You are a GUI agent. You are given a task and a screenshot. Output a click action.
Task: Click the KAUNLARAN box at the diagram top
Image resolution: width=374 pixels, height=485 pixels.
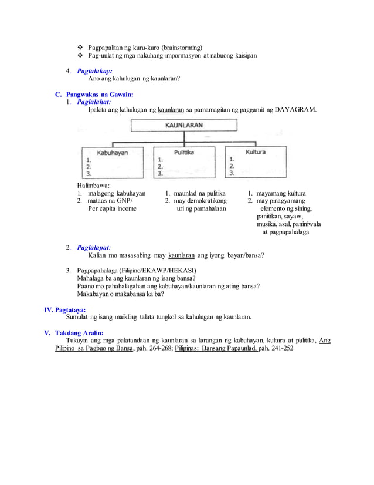click(184, 125)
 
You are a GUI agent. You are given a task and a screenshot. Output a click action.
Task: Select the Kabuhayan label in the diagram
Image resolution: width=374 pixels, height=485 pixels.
click(112, 152)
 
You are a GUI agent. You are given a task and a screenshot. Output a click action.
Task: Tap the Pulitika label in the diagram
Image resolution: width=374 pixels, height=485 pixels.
click(184, 152)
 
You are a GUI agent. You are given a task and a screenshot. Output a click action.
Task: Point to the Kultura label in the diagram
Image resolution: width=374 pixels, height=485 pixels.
click(256, 151)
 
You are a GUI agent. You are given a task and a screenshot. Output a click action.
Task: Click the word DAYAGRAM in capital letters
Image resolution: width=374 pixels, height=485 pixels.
click(295, 110)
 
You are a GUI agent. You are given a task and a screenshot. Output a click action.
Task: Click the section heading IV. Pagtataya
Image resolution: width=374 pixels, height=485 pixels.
click(65, 309)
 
